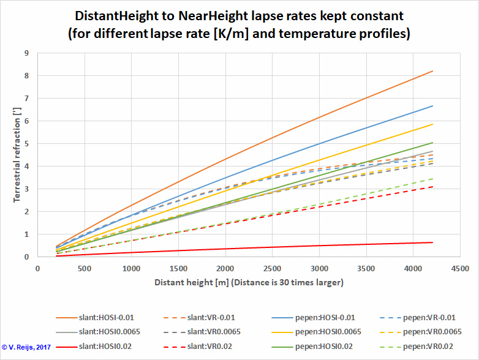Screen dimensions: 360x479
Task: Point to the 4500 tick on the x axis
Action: (x=460, y=268)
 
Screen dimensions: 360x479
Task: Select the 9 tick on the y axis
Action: (x=27, y=53)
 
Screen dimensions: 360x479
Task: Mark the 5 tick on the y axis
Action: (x=27, y=144)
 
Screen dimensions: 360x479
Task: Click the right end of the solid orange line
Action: (x=432, y=72)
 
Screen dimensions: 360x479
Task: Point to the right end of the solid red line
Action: (x=432, y=242)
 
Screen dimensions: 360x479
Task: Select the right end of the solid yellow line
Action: (x=432, y=124)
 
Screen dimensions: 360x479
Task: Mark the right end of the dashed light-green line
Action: (x=432, y=179)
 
